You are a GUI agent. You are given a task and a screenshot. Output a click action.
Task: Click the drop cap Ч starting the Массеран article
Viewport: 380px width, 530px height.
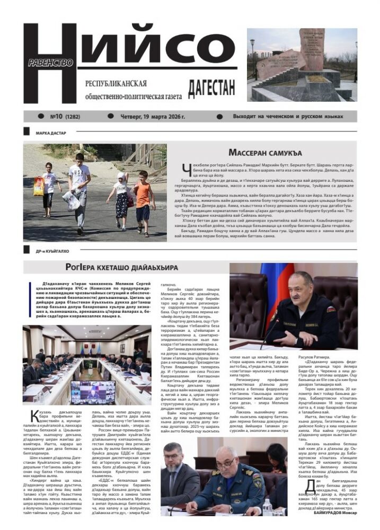coord(185,169)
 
